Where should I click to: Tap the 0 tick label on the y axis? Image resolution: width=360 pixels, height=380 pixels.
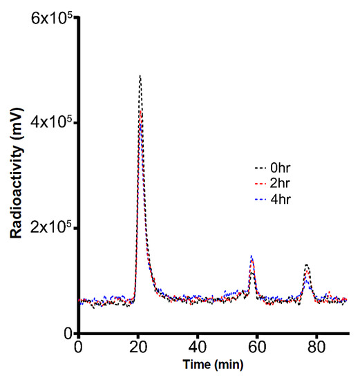coord(68,333)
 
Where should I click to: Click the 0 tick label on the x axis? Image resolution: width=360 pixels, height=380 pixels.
coord(79,348)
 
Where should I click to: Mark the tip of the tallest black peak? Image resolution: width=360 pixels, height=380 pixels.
coord(140,75)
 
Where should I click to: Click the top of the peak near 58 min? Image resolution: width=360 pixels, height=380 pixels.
coord(252,256)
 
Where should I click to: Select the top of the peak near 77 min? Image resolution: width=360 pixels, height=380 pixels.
coord(306,265)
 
